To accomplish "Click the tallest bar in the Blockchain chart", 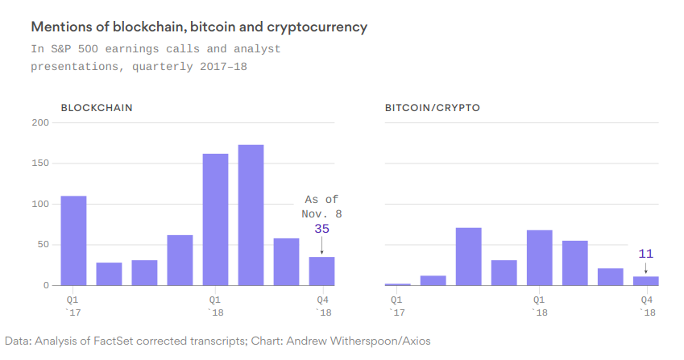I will click(251, 215).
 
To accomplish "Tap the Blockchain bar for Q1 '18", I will click(215, 219).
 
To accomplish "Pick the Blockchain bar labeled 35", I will click(321, 271).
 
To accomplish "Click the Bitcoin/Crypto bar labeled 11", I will click(645, 280).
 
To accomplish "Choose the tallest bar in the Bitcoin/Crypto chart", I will click(468, 256).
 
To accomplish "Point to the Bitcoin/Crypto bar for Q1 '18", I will click(539, 258).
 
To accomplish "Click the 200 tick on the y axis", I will click(40, 122).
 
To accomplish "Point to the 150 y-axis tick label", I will click(40, 163).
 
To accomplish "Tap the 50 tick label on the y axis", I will click(43, 245).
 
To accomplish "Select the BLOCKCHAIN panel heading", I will click(97, 107).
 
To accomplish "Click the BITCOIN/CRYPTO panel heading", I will click(432, 107).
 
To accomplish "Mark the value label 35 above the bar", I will click(321, 229).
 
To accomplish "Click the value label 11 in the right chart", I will click(645, 253).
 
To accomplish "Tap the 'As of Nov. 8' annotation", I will click(321, 206).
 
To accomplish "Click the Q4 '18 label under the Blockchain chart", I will click(321, 305).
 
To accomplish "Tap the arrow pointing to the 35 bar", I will click(321, 246).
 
